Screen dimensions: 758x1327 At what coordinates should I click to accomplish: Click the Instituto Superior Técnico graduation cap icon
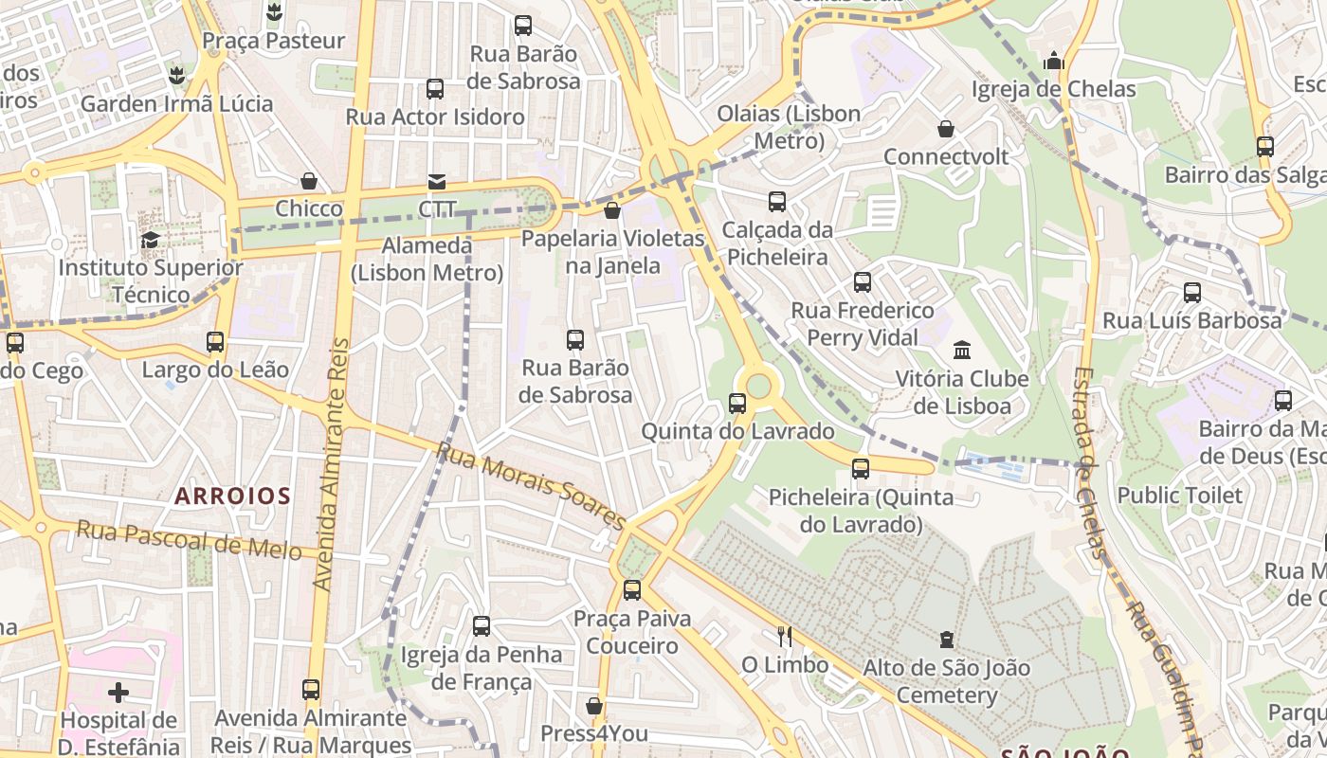150,240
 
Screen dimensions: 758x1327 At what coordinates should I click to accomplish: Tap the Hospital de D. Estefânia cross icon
118,693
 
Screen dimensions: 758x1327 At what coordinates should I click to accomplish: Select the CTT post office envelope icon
437,181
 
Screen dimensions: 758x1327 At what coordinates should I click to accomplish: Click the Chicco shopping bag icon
309,181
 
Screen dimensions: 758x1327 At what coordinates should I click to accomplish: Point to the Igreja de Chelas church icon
1053,62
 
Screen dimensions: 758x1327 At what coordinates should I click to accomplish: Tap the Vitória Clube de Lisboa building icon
962,351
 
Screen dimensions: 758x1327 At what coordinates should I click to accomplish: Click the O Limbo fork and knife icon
784,636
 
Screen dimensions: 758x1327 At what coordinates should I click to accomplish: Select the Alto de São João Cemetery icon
946,640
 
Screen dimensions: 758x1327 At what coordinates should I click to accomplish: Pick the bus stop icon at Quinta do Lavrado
737,404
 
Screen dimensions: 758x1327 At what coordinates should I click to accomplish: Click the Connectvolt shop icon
946,129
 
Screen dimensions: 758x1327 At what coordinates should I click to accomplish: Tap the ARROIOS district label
232,496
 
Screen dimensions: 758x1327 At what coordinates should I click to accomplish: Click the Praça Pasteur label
274,41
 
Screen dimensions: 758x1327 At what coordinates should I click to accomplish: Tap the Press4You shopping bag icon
594,706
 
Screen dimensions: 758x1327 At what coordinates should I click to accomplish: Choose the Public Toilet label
1179,495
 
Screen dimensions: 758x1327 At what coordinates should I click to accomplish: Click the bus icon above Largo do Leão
215,342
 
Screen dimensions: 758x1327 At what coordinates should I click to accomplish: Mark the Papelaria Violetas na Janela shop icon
612,210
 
